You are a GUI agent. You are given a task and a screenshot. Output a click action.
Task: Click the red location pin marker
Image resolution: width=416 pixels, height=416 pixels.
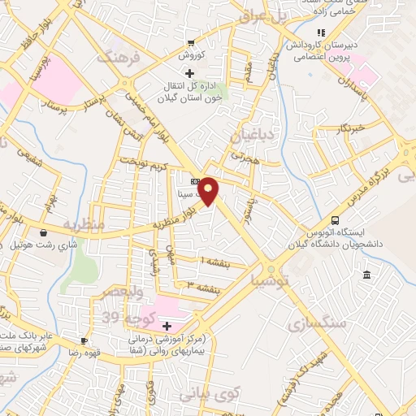pyautogui.click(x=209, y=192)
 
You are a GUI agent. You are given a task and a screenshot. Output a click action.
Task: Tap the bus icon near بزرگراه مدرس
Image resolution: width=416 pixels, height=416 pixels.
pyautogui.click(x=335, y=220)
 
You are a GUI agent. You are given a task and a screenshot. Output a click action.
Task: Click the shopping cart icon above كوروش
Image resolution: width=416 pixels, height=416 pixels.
pyautogui.click(x=189, y=44)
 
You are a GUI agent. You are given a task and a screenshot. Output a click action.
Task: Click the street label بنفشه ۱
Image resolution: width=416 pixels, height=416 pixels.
pyautogui.click(x=215, y=260)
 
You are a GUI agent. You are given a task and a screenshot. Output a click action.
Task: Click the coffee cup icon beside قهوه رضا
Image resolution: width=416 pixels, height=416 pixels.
pyautogui.click(x=83, y=341)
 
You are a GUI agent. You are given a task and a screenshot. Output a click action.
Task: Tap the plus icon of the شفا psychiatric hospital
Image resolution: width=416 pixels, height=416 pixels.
pyautogui.click(x=167, y=325)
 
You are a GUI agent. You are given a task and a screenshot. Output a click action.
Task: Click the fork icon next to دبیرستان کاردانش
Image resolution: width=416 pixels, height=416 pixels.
pyautogui.click(x=332, y=32)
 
